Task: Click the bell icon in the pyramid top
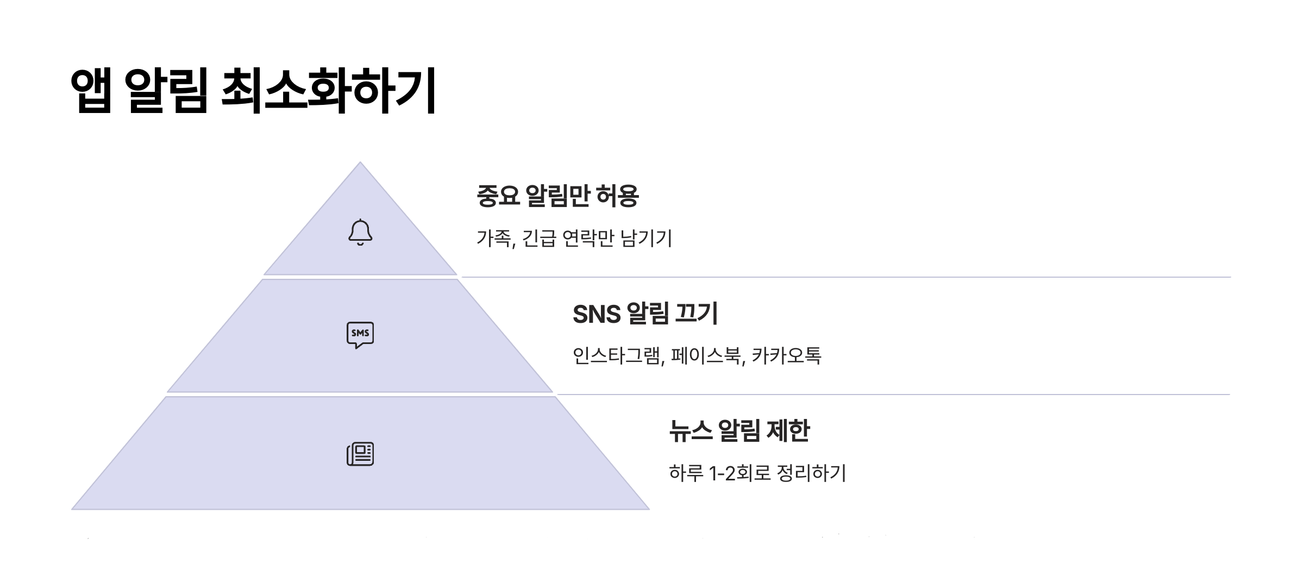click(360, 233)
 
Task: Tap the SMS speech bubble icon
click(360, 335)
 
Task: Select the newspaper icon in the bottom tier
click(360, 454)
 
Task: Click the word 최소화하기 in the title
click(329, 91)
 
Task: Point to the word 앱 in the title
click(91, 91)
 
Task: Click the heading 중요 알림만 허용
click(557, 196)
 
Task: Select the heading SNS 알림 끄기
click(645, 314)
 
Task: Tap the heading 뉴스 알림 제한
click(739, 431)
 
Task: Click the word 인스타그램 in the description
click(618, 356)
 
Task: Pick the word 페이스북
click(708, 356)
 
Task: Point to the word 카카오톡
click(786, 356)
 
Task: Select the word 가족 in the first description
click(494, 239)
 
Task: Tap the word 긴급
click(539, 239)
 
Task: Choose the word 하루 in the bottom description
click(686, 473)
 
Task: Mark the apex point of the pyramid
click(360, 163)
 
